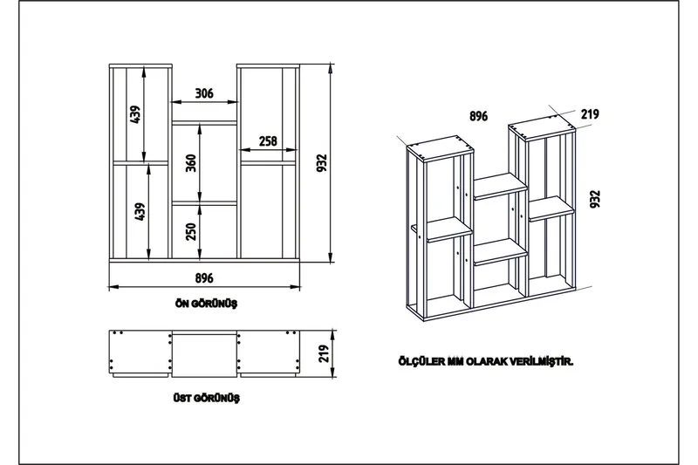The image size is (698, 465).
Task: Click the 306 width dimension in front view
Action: [204, 93]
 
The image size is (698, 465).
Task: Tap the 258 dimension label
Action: [268, 141]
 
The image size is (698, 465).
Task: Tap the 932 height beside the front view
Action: [321, 163]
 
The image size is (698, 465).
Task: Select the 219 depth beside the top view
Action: [324, 353]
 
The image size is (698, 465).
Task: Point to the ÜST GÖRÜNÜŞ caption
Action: [207, 398]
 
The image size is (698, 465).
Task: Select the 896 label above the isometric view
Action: [478, 115]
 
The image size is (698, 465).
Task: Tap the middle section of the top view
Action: [204, 353]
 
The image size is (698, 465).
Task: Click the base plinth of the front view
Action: [204, 262]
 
